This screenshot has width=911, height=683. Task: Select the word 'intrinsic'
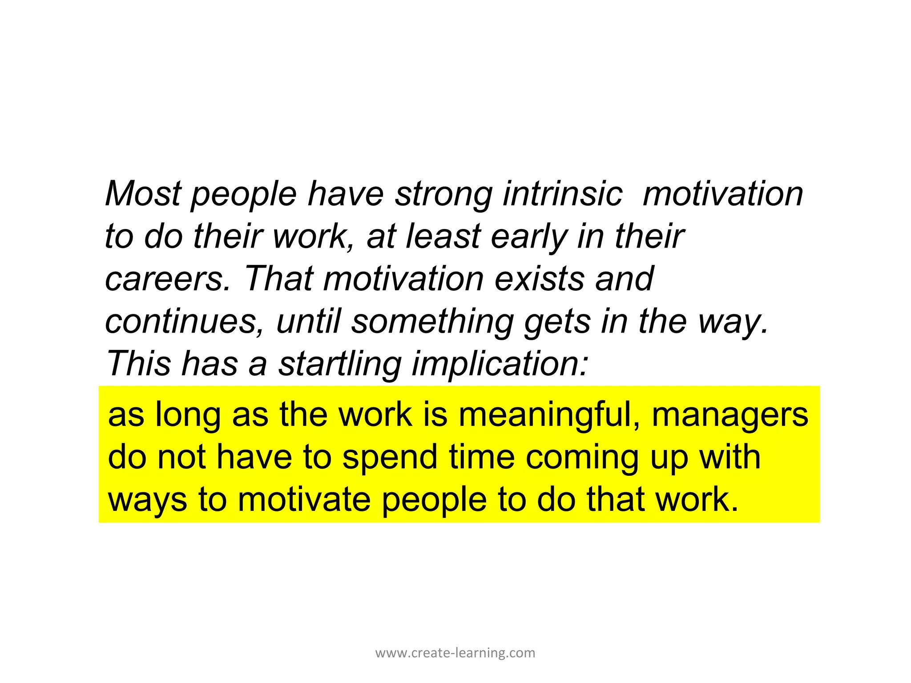pyautogui.click(x=562, y=194)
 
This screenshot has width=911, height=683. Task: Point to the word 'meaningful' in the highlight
pyautogui.click(x=549, y=415)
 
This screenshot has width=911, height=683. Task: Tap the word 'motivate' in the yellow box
pyautogui.click(x=304, y=500)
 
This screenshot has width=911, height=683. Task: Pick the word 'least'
pyautogui.click(x=443, y=237)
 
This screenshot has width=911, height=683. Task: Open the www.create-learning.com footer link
pyautogui.click(x=455, y=653)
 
